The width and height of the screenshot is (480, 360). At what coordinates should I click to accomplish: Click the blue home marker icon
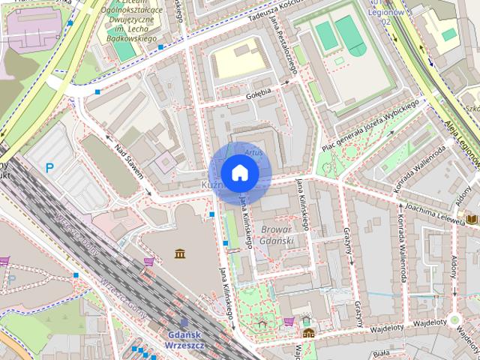coord(239,173)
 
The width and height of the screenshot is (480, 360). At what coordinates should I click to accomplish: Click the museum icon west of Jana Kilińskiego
coord(180,254)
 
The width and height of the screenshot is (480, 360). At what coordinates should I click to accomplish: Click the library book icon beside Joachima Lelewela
coord(472,219)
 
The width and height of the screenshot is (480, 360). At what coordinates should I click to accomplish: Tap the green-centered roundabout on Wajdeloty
coord(454,319)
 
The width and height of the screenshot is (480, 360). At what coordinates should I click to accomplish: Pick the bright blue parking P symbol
coord(49,169)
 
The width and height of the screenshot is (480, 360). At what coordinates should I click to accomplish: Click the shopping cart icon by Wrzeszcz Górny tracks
coord(148,262)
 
